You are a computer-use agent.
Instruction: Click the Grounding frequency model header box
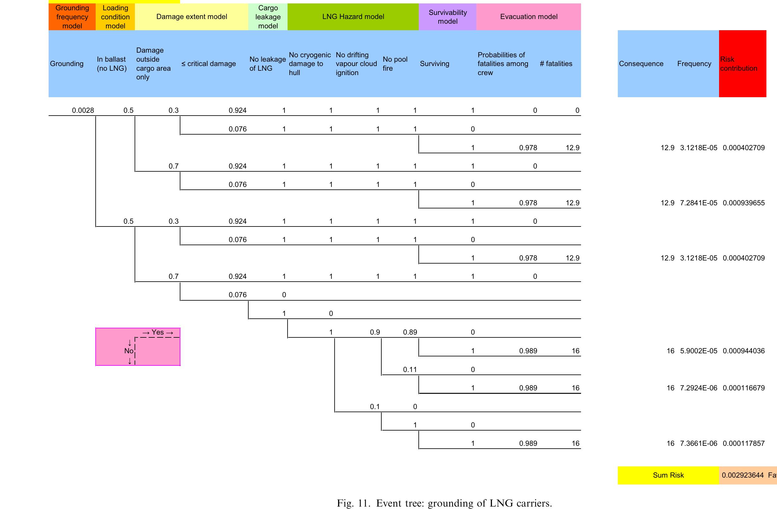tap(72, 17)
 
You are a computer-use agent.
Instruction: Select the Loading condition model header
tap(115, 17)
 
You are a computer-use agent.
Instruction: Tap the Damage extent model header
tap(192, 17)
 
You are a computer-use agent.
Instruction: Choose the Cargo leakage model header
tap(268, 17)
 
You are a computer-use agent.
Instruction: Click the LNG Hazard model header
tap(353, 17)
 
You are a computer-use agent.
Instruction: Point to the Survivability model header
tap(448, 17)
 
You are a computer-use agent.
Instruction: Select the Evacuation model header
tap(529, 17)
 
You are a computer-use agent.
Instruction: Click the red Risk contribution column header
tap(742, 64)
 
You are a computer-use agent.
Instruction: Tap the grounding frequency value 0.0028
tap(83, 110)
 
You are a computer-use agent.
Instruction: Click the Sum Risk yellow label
tap(668, 475)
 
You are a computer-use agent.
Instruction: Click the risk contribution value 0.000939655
tap(743, 203)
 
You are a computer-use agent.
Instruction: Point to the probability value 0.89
tap(410, 332)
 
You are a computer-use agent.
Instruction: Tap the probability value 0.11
tap(410, 369)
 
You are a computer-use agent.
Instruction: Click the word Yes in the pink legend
tap(158, 332)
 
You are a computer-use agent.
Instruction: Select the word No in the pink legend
tap(128, 351)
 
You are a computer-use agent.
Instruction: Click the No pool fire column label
tap(395, 64)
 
